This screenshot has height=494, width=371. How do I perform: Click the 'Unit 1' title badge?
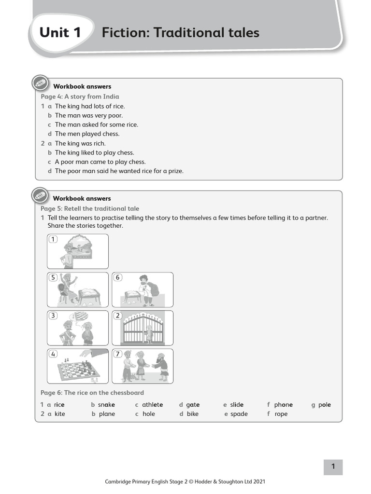[60, 33]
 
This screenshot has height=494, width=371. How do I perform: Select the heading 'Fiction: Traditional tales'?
[180, 33]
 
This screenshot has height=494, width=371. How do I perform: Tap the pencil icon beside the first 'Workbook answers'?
[40, 83]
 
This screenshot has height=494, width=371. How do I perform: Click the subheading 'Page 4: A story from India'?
[80, 96]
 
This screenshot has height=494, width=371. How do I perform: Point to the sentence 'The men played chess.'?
[87, 134]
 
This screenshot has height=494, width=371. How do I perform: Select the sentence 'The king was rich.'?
[80, 143]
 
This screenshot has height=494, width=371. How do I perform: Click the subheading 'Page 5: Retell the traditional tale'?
[90, 208]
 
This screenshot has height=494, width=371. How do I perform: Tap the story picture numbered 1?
[78, 251]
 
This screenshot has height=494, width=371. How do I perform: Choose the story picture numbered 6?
[143, 289]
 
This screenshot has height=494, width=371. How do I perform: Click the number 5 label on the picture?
[53, 277]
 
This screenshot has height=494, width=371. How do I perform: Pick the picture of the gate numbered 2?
[143, 328]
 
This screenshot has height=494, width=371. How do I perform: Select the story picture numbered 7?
[143, 366]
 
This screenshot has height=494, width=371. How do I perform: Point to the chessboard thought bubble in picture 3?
[80, 316]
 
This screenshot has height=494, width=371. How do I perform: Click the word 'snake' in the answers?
[106, 405]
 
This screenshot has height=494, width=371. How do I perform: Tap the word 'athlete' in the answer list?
[152, 405]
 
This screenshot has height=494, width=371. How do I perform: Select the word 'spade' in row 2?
[239, 414]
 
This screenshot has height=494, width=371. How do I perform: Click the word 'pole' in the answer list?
[325, 405]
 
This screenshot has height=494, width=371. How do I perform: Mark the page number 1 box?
[333, 467]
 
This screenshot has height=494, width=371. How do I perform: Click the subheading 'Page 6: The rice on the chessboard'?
[92, 393]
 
